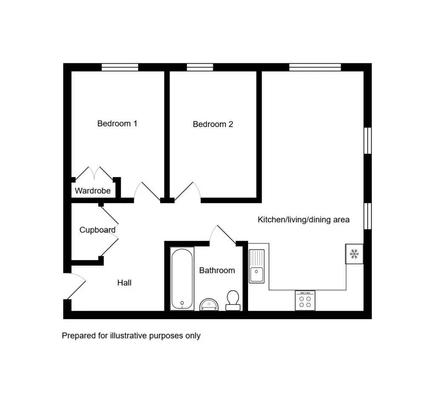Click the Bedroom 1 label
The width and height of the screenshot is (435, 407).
pyautogui.click(x=117, y=124)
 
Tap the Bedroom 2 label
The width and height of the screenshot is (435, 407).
pyautogui.click(x=213, y=124)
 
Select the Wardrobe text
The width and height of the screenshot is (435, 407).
pyautogui.click(x=93, y=191)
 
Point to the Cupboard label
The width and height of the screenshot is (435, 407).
pyautogui.click(x=97, y=230)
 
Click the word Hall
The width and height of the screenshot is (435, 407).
pyautogui.click(x=124, y=283)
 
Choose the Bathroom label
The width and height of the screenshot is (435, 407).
pyautogui.click(x=217, y=270)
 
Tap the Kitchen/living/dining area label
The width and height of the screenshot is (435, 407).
pyautogui.click(x=303, y=220)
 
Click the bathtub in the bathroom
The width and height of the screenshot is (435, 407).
pyautogui.click(x=182, y=279)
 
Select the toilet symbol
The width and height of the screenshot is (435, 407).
pyautogui.click(x=233, y=300)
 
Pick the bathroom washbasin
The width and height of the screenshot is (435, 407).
pyautogui.click(x=209, y=304)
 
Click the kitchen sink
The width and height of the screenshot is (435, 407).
pyautogui.click(x=257, y=266)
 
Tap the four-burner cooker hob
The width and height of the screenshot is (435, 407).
pyautogui.click(x=305, y=300)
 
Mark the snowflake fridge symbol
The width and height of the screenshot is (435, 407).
pyautogui.click(x=354, y=254)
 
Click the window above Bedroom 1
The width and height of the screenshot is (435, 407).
pyautogui.click(x=120, y=67)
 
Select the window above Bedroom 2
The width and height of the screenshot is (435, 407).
pyautogui.click(x=200, y=67)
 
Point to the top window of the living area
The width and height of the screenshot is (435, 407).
pyautogui.click(x=315, y=67)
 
